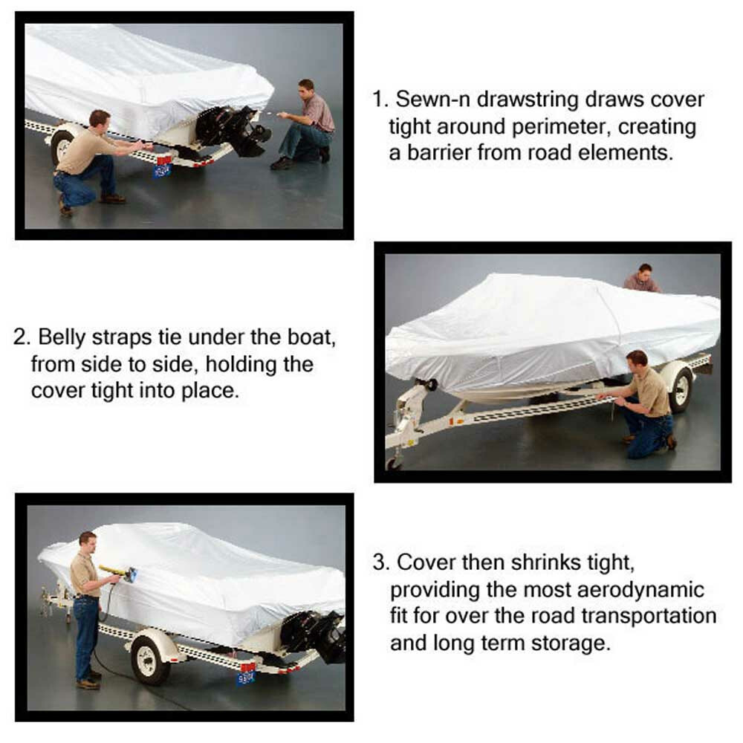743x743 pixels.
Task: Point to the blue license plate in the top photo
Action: point(162,170)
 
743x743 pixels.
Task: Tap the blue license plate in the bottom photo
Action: point(245,678)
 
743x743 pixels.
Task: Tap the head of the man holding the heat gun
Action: point(88,539)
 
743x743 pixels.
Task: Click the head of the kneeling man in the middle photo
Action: point(635,360)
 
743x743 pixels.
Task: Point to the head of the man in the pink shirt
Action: point(305,86)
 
